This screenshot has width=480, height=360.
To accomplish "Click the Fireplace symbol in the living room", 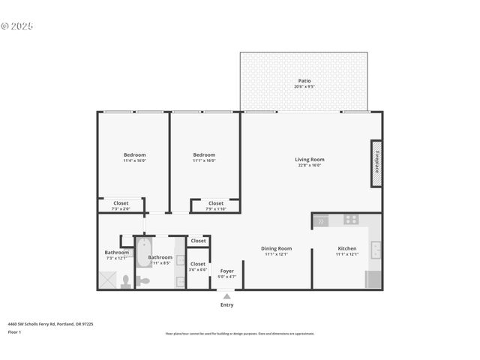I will (376, 163).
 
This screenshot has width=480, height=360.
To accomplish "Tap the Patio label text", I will (304, 81).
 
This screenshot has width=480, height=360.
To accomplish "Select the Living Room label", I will (309, 159).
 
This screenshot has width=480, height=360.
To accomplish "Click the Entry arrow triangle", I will (226, 297).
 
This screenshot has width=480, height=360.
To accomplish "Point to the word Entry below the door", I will (226, 304).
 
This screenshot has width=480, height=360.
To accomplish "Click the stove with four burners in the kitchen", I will (350, 220).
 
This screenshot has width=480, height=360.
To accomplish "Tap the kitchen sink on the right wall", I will (376, 249).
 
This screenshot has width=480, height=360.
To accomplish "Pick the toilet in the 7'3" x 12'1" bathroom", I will (126, 282).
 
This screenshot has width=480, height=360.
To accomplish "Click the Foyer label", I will (226, 271).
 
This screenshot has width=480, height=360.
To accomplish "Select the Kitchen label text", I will (347, 248).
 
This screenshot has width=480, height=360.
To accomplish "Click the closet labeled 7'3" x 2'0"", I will (121, 203).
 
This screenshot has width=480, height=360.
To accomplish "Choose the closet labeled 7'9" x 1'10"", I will (215, 203).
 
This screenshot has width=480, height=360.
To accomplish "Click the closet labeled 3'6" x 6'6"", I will (198, 264).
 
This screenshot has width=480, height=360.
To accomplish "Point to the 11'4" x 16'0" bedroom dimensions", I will (134, 160).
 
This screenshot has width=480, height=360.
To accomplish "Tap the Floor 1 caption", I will (14, 331).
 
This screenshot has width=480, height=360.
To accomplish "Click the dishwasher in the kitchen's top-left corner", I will (321, 220).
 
